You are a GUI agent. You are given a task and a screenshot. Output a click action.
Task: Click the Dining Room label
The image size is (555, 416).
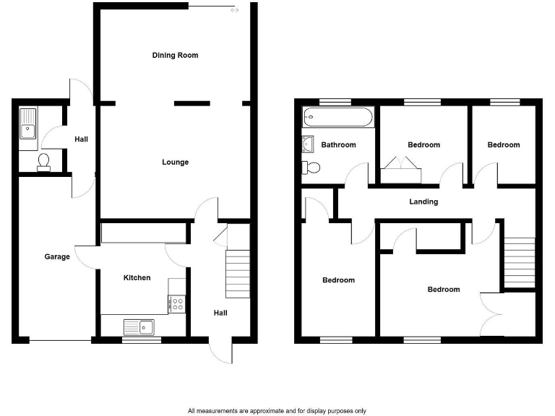point(175,56)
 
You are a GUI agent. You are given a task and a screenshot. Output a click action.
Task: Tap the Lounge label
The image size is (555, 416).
point(175,162)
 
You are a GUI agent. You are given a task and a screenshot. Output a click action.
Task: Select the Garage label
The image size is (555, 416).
point(57,256)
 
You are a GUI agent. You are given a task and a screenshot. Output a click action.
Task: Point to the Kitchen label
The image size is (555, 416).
point(137,278)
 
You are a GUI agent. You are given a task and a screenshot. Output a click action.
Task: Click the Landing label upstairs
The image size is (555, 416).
point(423,201)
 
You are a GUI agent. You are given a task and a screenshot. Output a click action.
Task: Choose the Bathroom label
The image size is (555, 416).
point(338,145)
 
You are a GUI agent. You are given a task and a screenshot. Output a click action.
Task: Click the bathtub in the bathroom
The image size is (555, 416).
point(338,116)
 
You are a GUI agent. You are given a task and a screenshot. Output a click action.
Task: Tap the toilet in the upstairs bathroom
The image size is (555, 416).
point(311,168)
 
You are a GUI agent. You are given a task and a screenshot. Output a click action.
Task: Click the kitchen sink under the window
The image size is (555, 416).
point(139,327)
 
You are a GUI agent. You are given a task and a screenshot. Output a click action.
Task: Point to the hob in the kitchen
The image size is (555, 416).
point(177,304)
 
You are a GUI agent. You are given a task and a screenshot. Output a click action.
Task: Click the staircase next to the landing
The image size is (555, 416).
point(519,263)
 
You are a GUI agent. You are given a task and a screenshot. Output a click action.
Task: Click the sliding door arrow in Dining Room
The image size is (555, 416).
point(233,10)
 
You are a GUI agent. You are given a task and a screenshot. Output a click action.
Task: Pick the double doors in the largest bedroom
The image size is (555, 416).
point(491,313)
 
